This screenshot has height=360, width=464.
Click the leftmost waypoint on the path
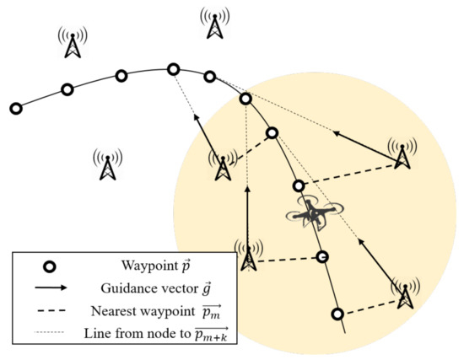click(x=15, y=108)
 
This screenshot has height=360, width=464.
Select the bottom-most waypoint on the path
click(x=337, y=314)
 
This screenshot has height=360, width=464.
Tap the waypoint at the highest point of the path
click(x=174, y=69)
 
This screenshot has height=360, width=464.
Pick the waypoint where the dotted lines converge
click(x=245, y=99)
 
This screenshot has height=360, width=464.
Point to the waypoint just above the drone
click(x=298, y=185)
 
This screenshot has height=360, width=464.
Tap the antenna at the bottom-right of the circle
click(x=406, y=293)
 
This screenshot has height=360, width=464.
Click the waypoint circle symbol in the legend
click(x=49, y=266)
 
